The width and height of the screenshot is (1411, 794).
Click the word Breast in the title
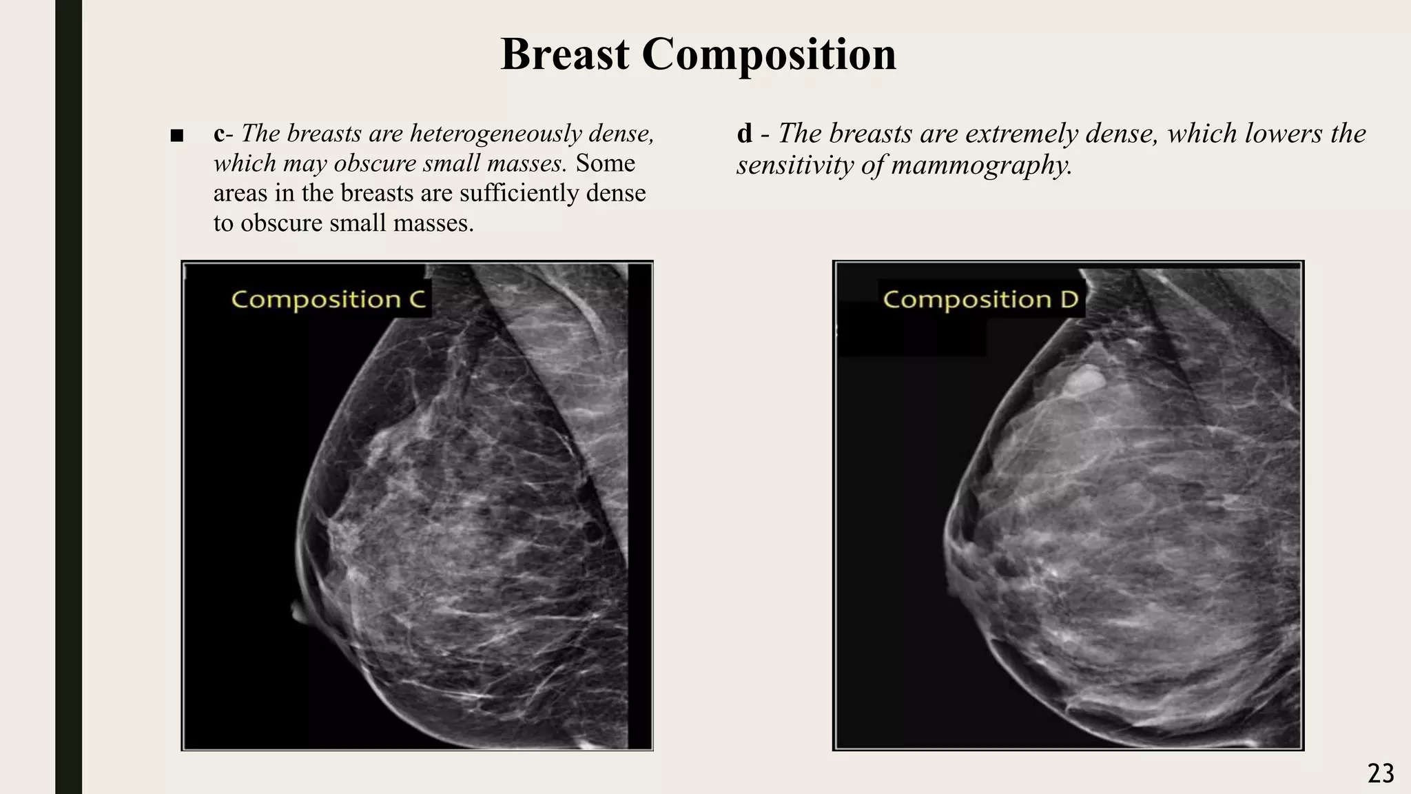tap(564, 54)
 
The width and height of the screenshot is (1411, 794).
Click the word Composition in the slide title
tap(769, 54)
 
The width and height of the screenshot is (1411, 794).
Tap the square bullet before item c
tap(176, 135)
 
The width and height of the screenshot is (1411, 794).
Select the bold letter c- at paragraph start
tap(223, 133)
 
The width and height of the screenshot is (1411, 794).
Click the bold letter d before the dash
tap(744, 133)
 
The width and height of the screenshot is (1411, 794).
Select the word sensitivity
tap(792, 165)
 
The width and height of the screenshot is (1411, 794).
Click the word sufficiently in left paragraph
tap(519, 193)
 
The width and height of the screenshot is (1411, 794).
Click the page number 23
tap(1381, 774)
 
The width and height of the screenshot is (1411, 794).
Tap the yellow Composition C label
tap(329, 300)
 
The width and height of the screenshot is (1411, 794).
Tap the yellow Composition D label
tap(980, 300)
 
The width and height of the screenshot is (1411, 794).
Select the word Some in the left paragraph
tap(606, 163)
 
